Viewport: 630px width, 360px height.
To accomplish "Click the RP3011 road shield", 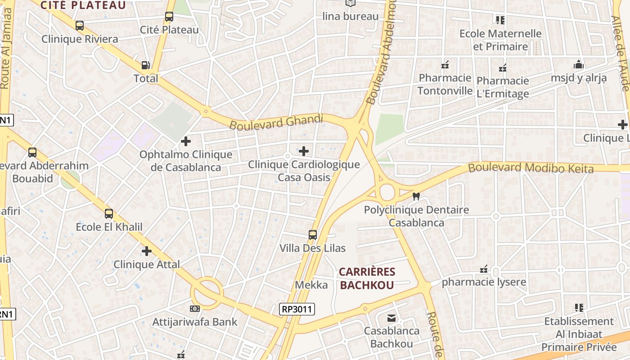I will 297,309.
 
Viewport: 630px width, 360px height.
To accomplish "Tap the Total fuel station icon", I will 146,65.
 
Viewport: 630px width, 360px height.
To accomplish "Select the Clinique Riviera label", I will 80,39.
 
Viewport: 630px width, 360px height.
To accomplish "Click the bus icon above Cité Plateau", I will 169,17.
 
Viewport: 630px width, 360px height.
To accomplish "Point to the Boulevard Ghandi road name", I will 276,121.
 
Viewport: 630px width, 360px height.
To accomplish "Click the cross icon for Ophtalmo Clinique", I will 185,142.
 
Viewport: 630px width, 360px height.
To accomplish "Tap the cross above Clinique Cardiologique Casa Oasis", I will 304,151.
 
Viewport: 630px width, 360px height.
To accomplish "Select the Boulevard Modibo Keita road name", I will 531,168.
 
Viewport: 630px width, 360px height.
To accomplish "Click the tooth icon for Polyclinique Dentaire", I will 416,197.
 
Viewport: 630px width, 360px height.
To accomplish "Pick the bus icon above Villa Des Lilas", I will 313,235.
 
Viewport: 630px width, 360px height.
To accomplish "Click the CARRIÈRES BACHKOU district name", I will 367,278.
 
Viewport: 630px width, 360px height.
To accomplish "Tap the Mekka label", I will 311,285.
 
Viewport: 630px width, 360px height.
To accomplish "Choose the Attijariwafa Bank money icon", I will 194,309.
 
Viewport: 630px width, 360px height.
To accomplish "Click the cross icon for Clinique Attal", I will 146,251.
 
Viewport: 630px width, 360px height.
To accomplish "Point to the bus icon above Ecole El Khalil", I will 109,214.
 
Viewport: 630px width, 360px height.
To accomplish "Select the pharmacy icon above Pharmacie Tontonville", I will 445,65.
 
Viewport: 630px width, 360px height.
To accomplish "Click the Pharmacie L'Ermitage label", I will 503,87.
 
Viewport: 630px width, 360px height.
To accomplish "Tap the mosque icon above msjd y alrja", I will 579,65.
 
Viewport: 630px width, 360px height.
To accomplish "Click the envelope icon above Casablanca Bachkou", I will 391,318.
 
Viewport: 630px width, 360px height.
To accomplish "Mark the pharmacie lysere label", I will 484,283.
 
